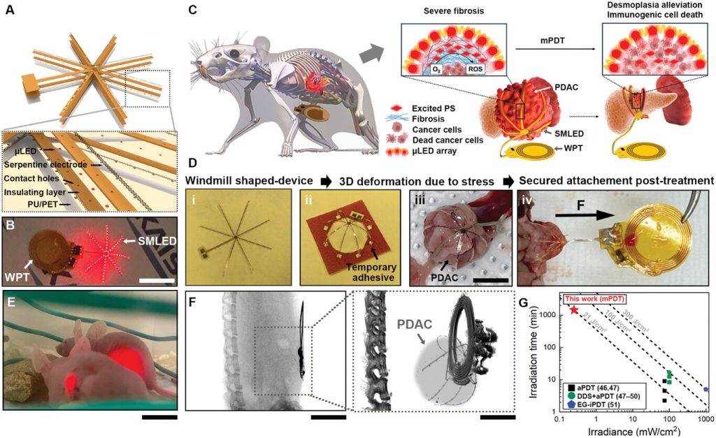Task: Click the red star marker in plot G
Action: pos(574,309)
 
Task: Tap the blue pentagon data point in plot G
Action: pos(706,389)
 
